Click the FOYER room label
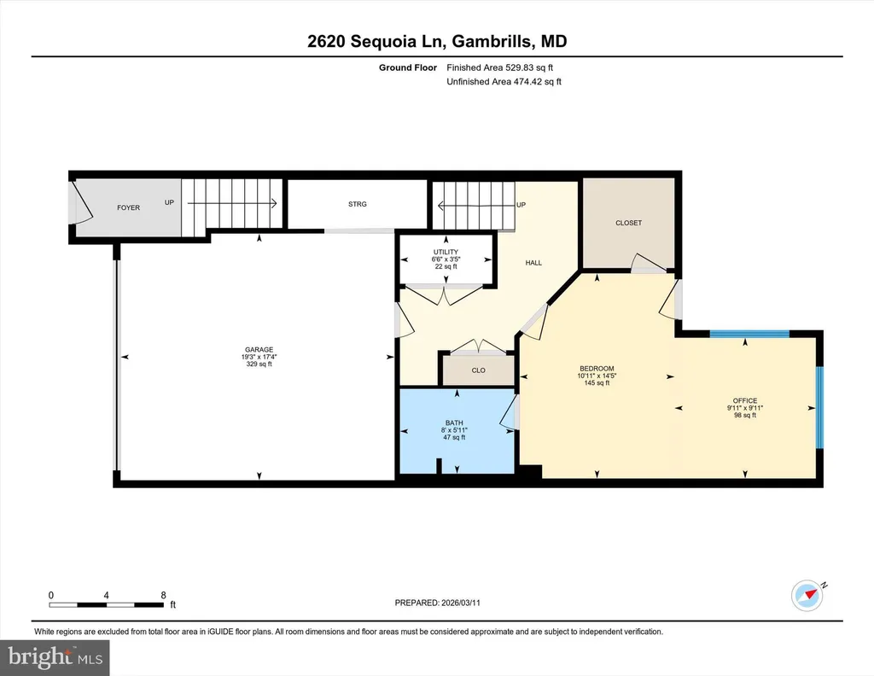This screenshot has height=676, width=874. (x=128, y=207)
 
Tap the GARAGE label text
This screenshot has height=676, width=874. (x=259, y=349)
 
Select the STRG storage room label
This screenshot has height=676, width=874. (x=358, y=204)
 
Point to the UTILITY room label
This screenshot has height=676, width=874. (x=446, y=252)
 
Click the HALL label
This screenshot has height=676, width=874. (x=533, y=263)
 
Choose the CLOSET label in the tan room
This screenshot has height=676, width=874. (x=629, y=223)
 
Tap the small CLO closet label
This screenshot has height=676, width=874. (x=478, y=370)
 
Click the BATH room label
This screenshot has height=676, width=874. (x=454, y=423)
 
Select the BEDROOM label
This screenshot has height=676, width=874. (x=597, y=369)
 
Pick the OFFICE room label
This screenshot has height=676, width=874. (x=745, y=400)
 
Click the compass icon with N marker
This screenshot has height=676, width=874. (x=807, y=595)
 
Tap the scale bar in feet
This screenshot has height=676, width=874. (x=107, y=604)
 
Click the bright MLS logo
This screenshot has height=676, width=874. (x=55, y=657)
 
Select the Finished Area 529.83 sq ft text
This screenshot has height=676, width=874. (x=500, y=67)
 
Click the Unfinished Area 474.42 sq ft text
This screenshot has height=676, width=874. (x=504, y=81)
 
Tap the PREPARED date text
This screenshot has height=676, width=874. (x=438, y=603)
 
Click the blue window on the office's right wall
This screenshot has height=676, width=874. (x=819, y=407)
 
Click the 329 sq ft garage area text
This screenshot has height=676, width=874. (x=259, y=364)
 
